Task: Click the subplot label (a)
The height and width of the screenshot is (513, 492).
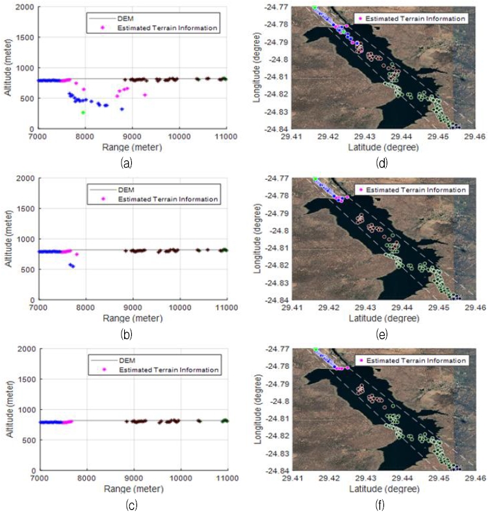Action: pyautogui.click(x=126, y=163)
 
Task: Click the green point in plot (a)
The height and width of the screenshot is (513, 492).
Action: pyautogui.click(x=83, y=112)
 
